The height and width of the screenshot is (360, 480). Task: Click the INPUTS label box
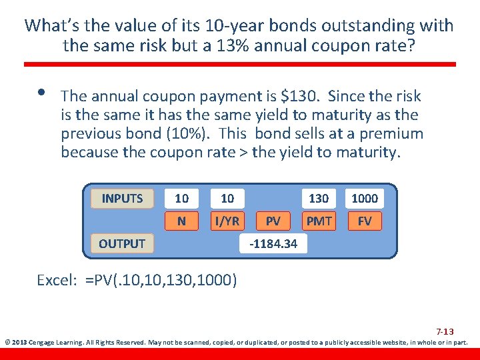click(122, 198)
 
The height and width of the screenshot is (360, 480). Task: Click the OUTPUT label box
click(122, 243)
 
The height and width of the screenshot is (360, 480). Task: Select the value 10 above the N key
click(181, 198)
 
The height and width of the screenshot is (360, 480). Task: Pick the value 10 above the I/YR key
click(227, 198)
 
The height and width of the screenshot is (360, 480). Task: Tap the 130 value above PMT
click(319, 198)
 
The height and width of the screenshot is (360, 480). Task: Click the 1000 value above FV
click(364, 198)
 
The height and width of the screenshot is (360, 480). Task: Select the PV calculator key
click(273, 220)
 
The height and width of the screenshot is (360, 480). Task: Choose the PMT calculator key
click(319, 220)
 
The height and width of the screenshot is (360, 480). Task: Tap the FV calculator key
click(364, 220)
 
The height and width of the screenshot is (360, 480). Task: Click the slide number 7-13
click(445, 331)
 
